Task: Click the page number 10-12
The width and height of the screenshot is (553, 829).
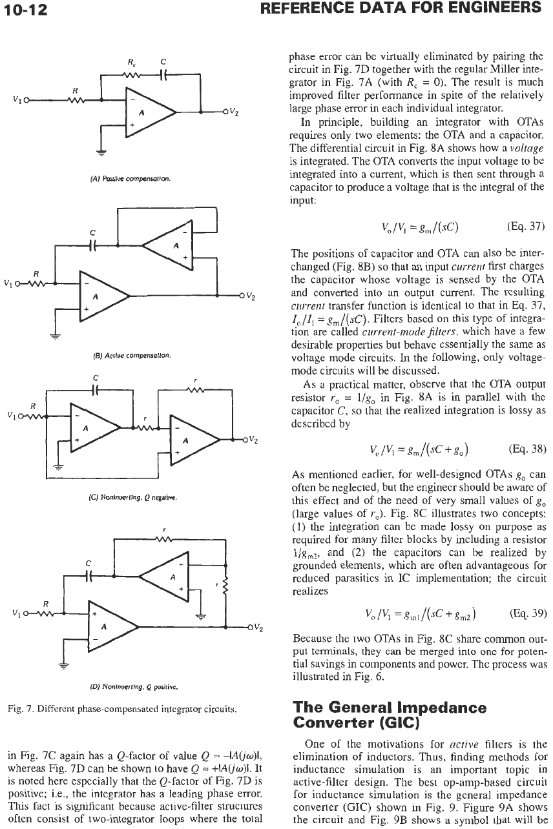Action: [26, 9]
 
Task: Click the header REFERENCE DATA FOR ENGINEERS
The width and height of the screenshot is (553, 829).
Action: [401, 8]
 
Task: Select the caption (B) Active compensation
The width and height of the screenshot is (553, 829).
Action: [131, 356]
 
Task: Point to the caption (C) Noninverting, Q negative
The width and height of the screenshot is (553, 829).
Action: [133, 497]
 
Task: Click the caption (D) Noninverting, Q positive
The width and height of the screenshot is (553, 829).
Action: [134, 687]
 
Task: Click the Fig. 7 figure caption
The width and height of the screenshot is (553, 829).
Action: [122, 709]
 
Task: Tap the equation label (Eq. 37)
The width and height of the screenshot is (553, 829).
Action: [526, 226]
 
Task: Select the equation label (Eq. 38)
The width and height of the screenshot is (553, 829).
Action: [527, 449]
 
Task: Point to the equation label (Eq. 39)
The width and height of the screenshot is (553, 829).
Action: [528, 613]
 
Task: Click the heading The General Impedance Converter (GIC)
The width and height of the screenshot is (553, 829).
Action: [390, 715]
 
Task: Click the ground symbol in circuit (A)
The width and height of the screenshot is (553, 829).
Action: [101, 152]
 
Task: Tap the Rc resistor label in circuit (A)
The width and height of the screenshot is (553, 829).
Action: [132, 63]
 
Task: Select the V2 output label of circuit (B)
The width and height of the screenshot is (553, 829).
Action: [251, 296]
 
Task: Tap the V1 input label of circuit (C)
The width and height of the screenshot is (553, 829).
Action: [12, 415]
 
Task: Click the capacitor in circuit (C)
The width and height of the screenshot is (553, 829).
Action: [96, 390]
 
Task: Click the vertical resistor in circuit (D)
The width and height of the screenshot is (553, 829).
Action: [225, 586]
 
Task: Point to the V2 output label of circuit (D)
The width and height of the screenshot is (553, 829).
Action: [258, 628]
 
